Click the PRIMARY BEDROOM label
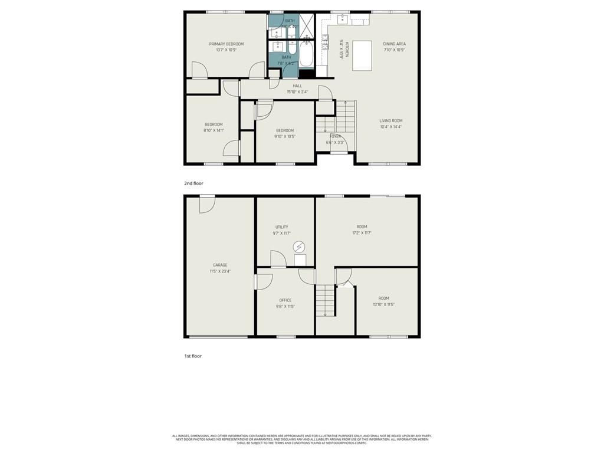(x=226, y=44)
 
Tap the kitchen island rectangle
(x=362, y=55)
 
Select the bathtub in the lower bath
(x=306, y=54)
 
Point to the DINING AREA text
(x=395, y=44)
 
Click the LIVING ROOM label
(x=391, y=121)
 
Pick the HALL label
(x=297, y=86)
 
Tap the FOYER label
(x=335, y=136)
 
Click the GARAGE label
(x=220, y=265)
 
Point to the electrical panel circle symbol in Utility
(x=299, y=247)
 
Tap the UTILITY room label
(x=282, y=227)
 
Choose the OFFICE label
(x=285, y=300)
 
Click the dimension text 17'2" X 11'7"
(x=362, y=233)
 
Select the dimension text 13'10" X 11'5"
(x=383, y=304)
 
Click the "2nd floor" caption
(x=193, y=183)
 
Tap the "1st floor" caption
(x=193, y=356)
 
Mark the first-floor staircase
(x=325, y=300)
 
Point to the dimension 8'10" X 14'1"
(x=214, y=130)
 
